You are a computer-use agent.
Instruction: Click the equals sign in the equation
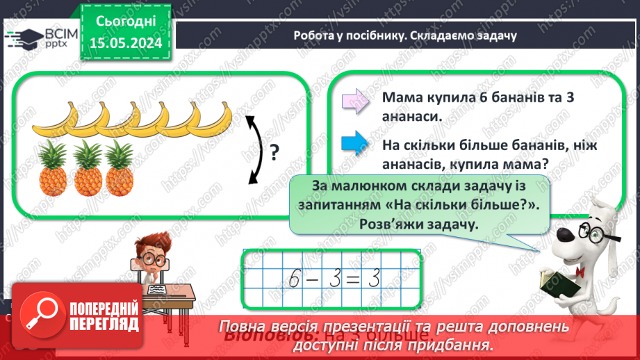pyautogui.click(x=352, y=279)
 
